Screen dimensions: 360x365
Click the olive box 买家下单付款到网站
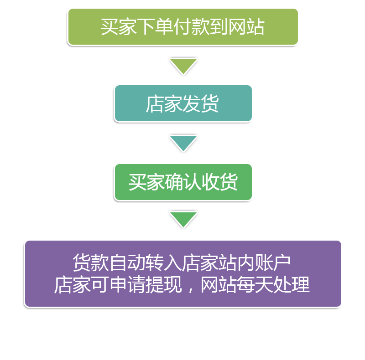(182, 27)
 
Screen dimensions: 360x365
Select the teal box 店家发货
(182, 103)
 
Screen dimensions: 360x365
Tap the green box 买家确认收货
(182, 182)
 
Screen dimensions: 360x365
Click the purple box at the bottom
(182, 273)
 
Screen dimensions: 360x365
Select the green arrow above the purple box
(183, 219)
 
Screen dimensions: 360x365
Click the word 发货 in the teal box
(201, 104)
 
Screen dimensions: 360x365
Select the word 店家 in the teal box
(164, 104)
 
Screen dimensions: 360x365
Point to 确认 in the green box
(182, 183)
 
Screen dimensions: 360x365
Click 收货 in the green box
(219, 183)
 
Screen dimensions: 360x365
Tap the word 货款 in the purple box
(91, 263)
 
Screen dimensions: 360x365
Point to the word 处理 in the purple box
(292, 285)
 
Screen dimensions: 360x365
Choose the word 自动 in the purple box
(127, 263)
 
